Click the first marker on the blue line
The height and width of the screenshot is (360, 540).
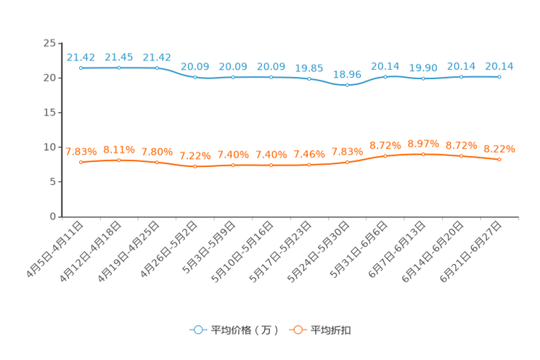point(81,68)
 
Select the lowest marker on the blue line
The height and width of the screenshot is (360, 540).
point(348,85)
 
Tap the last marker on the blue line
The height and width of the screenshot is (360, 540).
point(500,76)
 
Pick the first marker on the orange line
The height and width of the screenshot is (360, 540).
point(81,162)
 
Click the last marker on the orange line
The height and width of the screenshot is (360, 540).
point(500,160)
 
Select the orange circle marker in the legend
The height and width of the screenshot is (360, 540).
point(297,330)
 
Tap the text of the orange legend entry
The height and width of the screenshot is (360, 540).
point(332,330)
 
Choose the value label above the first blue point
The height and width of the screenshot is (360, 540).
point(81,57)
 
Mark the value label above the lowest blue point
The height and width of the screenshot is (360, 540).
point(348,73)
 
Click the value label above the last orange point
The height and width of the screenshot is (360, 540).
point(500,149)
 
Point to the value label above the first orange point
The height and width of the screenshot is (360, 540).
point(81,152)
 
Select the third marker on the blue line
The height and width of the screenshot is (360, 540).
point(157,68)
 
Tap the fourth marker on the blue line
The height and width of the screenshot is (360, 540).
point(195,77)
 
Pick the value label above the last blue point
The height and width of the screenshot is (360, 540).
point(500,66)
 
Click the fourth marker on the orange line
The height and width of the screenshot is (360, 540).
point(195,166)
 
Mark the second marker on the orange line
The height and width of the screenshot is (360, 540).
point(119,160)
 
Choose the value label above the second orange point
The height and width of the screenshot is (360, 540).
point(119,149)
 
